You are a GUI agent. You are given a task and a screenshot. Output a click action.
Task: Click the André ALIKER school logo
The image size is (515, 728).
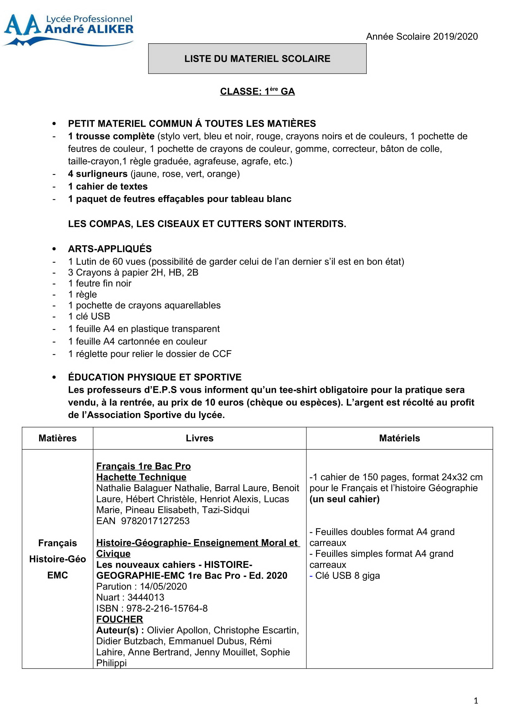pyautogui.click(x=68, y=29)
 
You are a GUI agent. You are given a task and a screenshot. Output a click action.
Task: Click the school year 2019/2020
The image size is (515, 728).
pyautogui.click(x=422, y=37)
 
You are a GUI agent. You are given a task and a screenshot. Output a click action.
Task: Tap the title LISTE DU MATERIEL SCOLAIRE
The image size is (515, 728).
pyautogui.click(x=257, y=59)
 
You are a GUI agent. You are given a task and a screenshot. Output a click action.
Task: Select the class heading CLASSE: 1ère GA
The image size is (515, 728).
pyautogui.click(x=257, y=91)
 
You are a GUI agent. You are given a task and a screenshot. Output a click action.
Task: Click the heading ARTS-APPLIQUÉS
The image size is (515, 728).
pyautogui.click(x=110, y=249)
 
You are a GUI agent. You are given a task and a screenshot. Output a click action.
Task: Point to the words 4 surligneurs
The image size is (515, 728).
pyautogui.click(x=98, y=174)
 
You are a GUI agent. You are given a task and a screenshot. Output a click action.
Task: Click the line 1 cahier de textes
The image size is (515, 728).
pyautogui.click(x=108, y=186)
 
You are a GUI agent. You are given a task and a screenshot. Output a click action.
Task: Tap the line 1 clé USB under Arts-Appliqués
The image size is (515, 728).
pyautogui.click(x=89, y=316)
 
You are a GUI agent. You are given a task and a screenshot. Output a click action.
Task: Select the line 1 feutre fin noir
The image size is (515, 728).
pyautogui.click(x=100, y=283)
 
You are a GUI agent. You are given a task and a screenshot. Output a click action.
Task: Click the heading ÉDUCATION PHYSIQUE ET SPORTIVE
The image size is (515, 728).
pyautogui.click(x=155, y=377)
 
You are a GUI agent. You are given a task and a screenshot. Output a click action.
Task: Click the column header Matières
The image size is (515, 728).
pyautogui.click(x=57, y=438)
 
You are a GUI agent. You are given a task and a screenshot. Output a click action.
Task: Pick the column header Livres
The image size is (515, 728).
pyautogui.click(x=200, y=438)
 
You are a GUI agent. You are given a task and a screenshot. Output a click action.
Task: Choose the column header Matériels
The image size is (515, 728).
pyautogui.click(x=399, y=438)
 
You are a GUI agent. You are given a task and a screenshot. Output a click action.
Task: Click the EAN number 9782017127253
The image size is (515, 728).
pyautogui.click(x=155, y=521)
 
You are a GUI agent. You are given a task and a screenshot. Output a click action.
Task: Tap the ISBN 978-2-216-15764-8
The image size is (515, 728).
pyautogui.click(x=167, y=608)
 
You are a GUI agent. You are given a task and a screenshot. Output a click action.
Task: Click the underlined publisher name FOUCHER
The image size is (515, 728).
pyautogui.click(x=120, y=619)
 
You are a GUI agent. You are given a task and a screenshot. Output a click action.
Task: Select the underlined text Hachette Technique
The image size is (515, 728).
pyautogui.click(x=141, y=477)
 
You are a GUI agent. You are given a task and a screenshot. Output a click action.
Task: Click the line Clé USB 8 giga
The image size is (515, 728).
pyautogui.click(x=347, y=575)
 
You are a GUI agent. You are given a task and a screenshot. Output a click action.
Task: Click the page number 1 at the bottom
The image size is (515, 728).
pyautogui.click(x=476, y=701)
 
